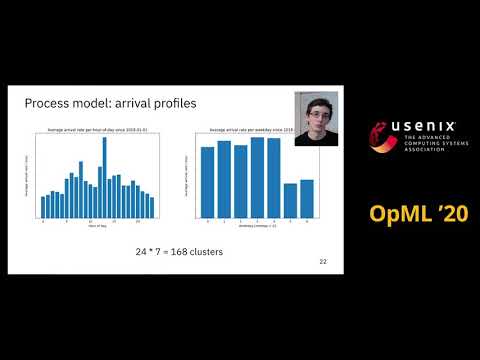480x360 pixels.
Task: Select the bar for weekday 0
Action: (x=207, y=182)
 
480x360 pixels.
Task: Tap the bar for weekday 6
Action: (x=307, y=198)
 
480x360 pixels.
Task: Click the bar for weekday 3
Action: (x=257, y=177)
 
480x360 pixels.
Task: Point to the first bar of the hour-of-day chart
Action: (x=42, y=207)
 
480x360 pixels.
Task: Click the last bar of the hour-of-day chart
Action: (x=152, y=206)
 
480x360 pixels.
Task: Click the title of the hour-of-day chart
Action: (x=97, y=129)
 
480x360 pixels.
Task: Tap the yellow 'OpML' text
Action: (x=406, y=213)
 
